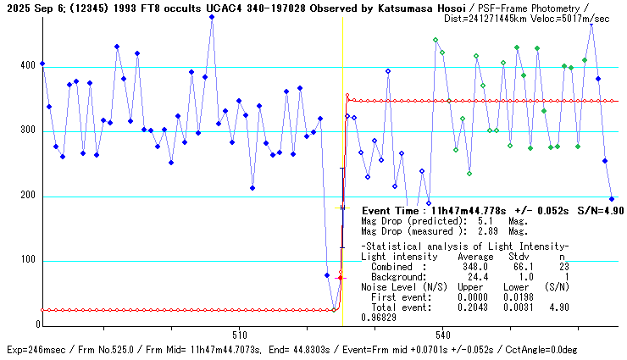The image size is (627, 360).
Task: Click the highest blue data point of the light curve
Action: pos(212,17)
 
